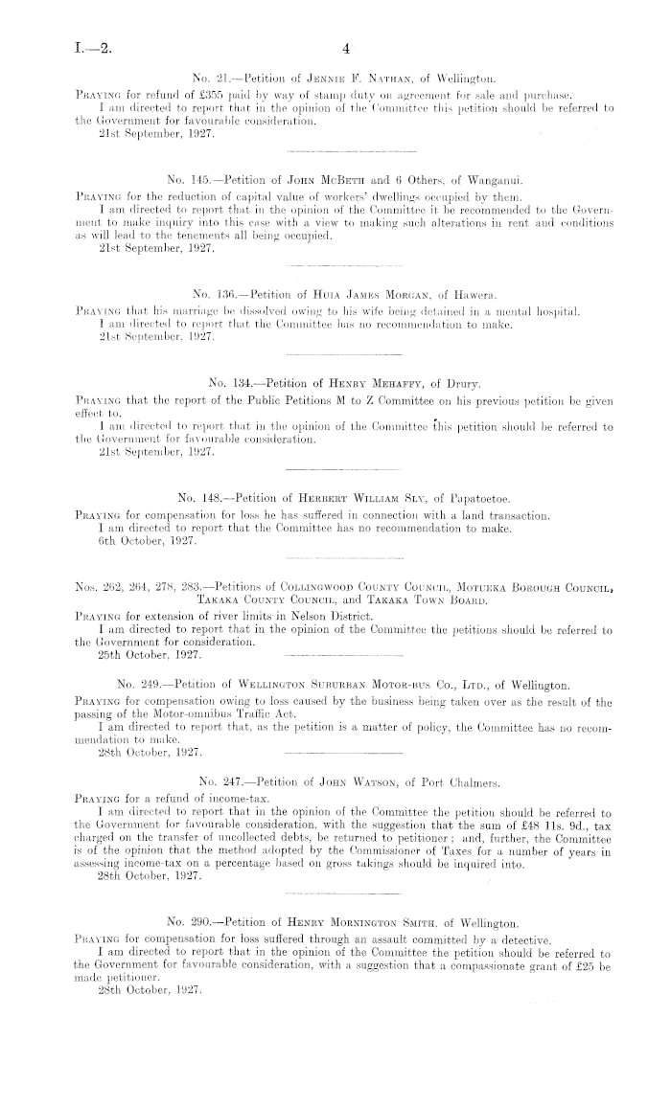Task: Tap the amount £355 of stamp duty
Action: click(x=226, y=91)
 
